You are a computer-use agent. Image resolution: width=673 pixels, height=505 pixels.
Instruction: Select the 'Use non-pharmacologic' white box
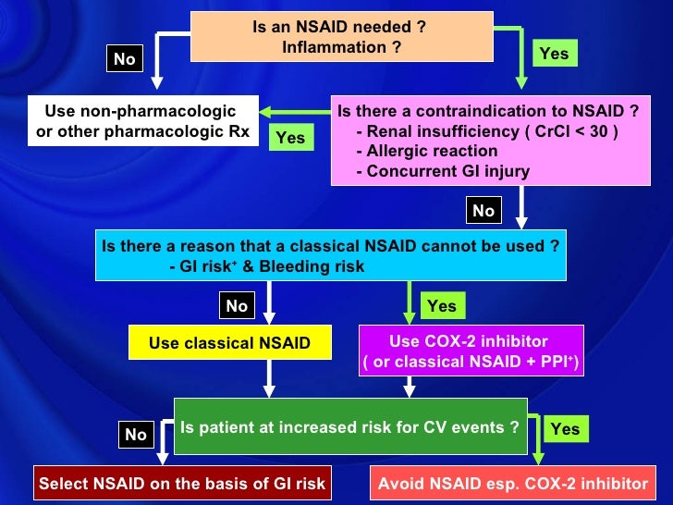[x=142, y=121]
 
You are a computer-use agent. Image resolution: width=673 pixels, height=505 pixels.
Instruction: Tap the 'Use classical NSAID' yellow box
[x=229, y=344]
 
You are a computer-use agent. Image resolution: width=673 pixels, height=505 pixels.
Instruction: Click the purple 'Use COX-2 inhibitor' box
[x=471, y=351]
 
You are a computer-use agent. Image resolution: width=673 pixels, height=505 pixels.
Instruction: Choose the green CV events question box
[x=350, y=427]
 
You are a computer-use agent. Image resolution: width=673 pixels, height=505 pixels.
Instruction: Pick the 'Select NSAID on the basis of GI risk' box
[x=182, y=483]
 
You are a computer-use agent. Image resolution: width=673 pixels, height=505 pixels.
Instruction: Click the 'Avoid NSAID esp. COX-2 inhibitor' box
[x=513, y=483]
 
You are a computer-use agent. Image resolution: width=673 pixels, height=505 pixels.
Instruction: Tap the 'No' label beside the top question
[x=124, y=59]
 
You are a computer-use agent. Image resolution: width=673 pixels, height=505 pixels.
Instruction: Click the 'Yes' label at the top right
[x=554, y=54]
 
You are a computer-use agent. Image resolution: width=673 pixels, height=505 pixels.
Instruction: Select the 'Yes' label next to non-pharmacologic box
[x=290, y=138]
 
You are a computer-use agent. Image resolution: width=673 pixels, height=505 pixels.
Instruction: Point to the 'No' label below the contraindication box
[x=483, y=211]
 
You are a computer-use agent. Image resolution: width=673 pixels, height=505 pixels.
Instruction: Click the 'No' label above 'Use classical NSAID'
[x=237, y=305]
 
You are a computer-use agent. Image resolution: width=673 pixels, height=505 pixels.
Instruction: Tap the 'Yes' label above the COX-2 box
[x=442, y=305]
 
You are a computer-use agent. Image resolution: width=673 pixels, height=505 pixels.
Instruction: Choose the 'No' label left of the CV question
[x=136, y=435]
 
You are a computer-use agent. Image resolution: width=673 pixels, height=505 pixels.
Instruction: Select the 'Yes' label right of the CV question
[x=565, y=428]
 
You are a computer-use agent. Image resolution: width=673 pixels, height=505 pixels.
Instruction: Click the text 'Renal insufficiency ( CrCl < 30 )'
[x=486, y=131]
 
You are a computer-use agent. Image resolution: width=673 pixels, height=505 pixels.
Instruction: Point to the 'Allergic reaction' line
[x=432, y=151]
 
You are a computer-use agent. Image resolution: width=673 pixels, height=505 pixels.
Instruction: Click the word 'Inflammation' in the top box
[x=340, y=46]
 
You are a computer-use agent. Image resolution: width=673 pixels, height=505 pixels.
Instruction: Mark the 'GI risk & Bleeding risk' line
[x=268, y=266]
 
